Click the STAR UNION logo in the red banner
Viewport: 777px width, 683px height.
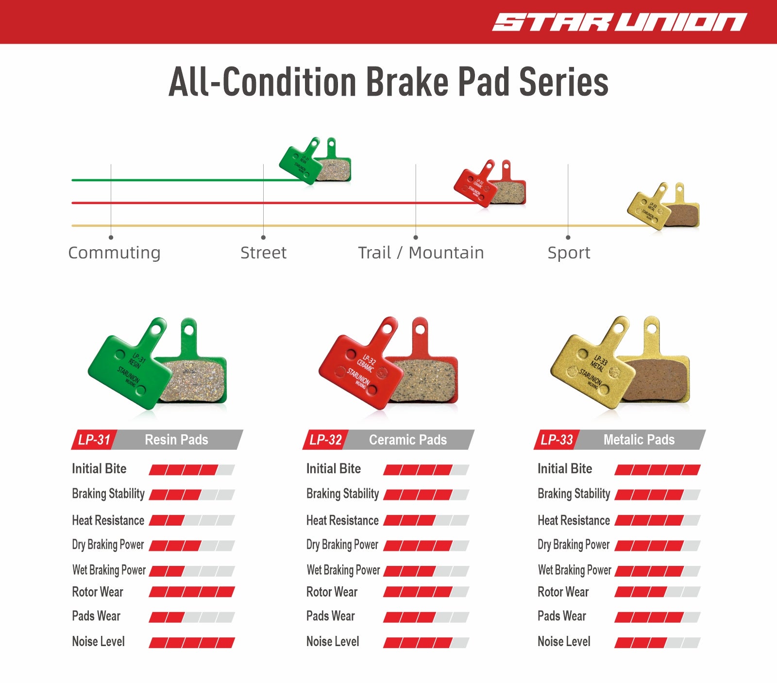[x=619, y=22]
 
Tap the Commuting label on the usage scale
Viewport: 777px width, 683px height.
[x=114, y=253]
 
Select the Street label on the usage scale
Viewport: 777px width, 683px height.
[x=263, y=253]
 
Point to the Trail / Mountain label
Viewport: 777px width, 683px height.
[x=421, y=253]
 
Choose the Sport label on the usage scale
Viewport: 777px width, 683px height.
[x=569, y=253]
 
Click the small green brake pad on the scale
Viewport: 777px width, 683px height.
[x=315, y=160]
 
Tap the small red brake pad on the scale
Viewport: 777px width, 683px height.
[x=490, y=183]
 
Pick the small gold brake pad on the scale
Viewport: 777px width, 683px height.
[x=664, y=206]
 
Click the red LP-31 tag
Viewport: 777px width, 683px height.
[x=94, y=440]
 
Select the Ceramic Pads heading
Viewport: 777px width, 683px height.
[x=408, y=440]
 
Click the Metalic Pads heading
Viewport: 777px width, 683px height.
[x=639, y=440]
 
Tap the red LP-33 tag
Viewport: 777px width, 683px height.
[x=557, y=440]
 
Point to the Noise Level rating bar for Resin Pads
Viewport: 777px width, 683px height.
[x=192, y=643]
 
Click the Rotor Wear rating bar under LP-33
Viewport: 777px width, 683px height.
[x=658, y=592]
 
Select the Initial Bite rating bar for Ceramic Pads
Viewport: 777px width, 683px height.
[x=426, y=470]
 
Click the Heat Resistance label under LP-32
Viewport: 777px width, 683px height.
[x=342, y=520]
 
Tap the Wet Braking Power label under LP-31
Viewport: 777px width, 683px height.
[x=109, y=570]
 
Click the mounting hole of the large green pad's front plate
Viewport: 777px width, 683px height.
[x=156, y=329]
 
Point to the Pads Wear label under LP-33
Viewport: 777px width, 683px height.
[x=562, y=616]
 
